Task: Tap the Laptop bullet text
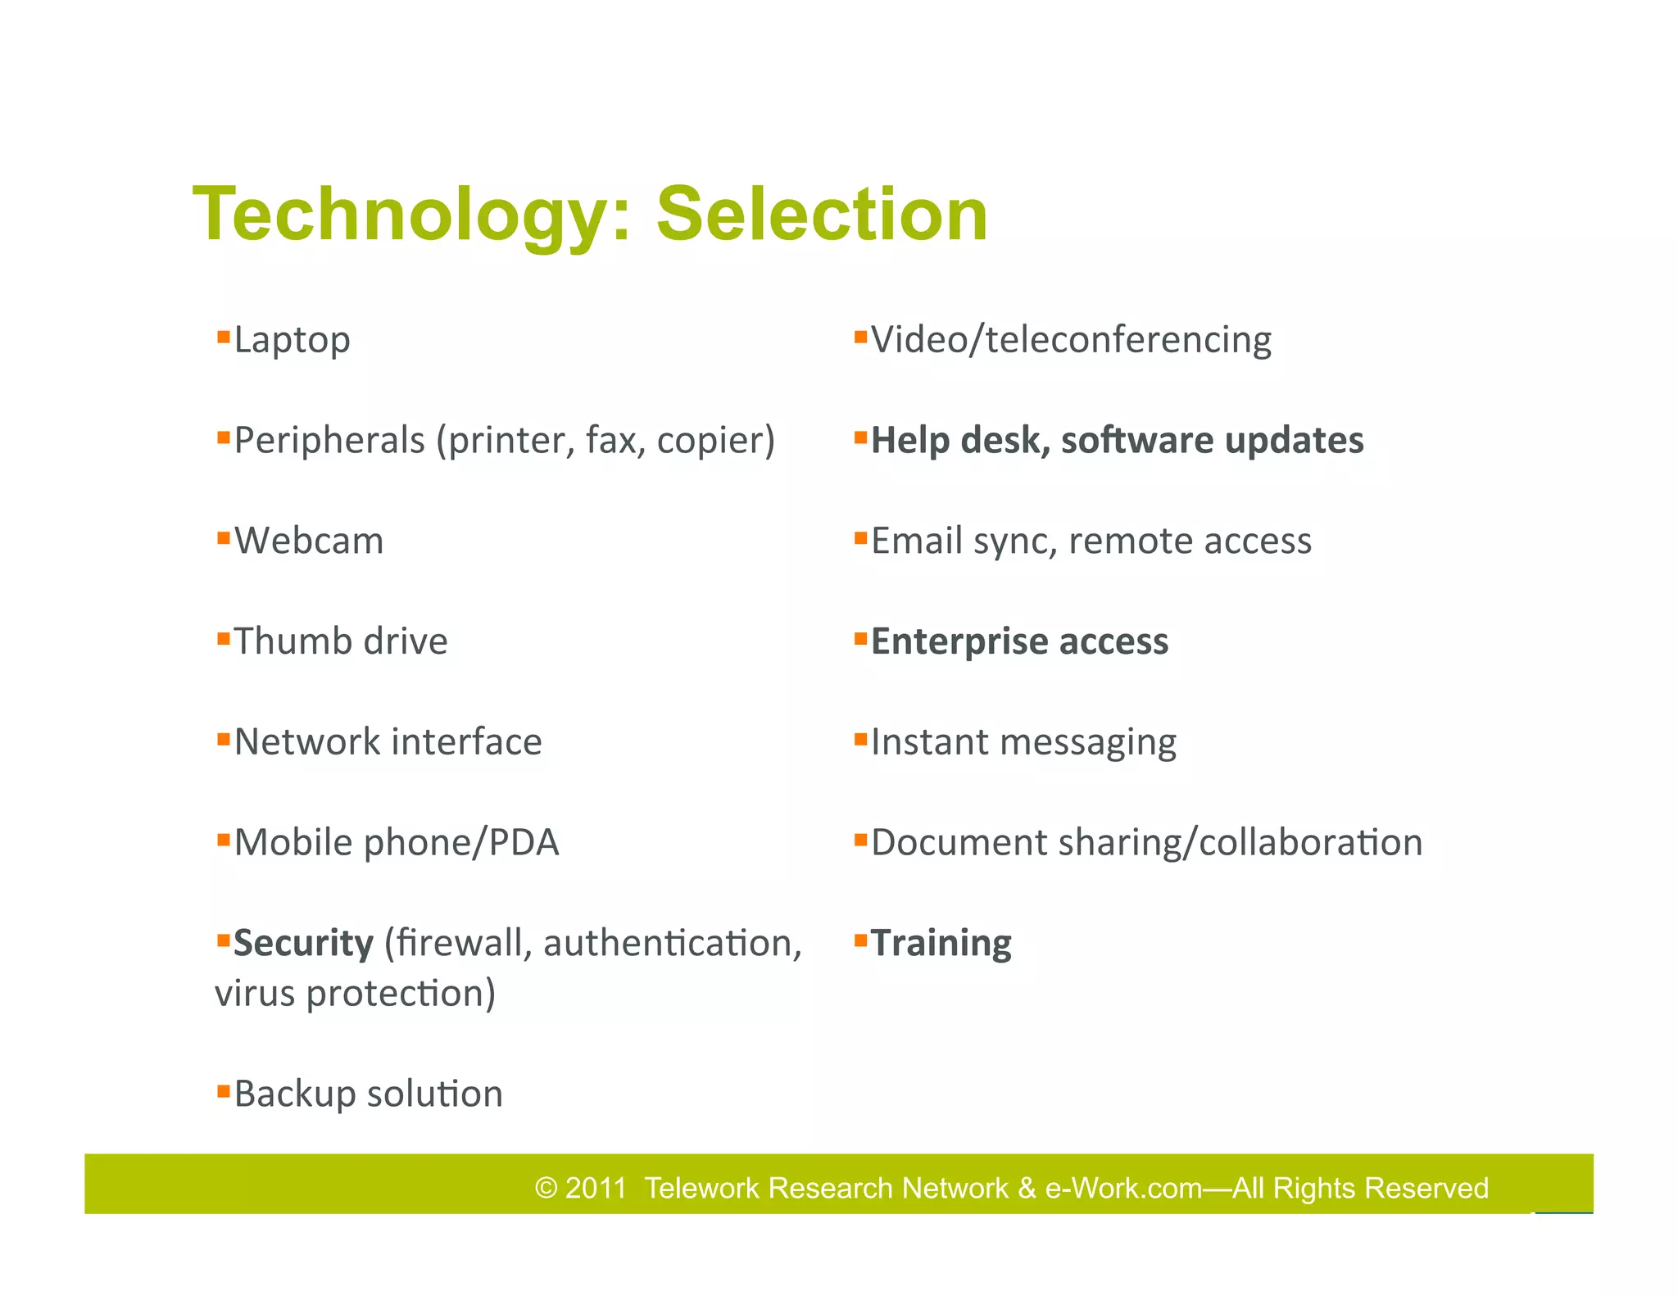pyautogui.click(x=292, y=340)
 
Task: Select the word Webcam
pyautogui.click(x=309, y=542)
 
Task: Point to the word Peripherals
pyautogui.click(x=329, y=441)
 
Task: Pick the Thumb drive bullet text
pyautogui.click(x=341, y=641)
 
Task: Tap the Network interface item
pyautogui.click(x=388, y=742)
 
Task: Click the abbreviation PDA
pyautogui.click(x=524, y=843)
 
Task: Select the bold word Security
pyautogui.click(x=303, y=944)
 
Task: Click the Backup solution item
pyautogui.click(x=368, y=1094)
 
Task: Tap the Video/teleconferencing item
pyautogui.click(x=1070, y=340)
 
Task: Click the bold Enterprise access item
pyautogui.click(x=1019, y=641)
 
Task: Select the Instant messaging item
pyautogui.click(x=1023, y=742)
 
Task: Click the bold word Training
pyautogui.click(x=941, y=944)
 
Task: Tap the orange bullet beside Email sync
pyautogui.click(x=860, y=538)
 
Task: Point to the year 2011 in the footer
pyautogui.click(x=596, y=1188)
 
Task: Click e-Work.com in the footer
pyautogui.click(x=1123, y=1188)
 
